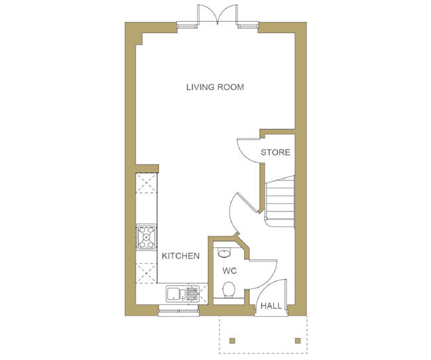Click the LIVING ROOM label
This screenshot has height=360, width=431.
[x=215, y=87]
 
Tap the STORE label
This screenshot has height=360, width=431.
[x=275, y=152]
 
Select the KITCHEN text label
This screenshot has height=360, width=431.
[x=180, y=256]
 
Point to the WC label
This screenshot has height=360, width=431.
[x=229, y=271]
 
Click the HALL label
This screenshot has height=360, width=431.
[x=271, y=306]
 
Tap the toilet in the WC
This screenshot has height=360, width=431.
[x=229, y=289]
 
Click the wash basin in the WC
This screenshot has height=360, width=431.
[x=224, y=253]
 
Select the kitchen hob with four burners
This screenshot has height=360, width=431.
[x=147, y=237]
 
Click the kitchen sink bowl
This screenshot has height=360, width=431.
[x=172, y=294]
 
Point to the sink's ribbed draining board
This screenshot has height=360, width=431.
[x=192, y=294]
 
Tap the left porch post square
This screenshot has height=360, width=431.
[x=232, y=341]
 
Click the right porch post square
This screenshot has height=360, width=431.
[x=298, y=341]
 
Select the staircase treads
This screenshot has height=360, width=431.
[x=280, y=202]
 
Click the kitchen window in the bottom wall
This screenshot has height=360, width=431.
[x=178, y=311]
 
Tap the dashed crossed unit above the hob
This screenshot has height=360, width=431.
[x=147, y=183]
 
